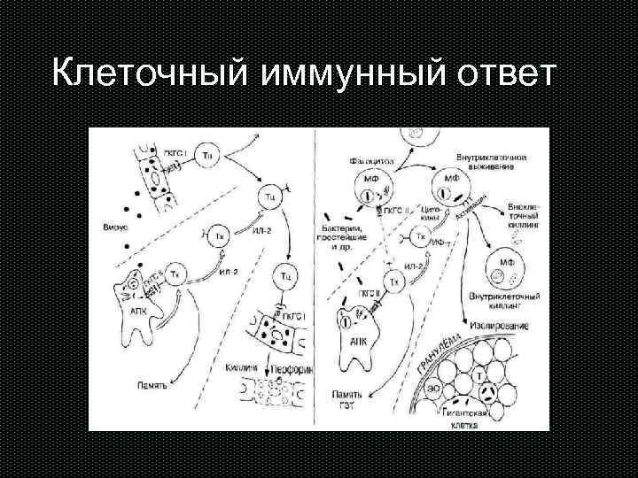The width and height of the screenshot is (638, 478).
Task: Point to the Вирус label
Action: (115, 227)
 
